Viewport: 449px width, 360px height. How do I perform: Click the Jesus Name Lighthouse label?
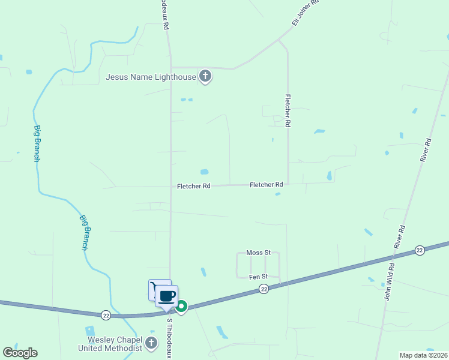pyautogui.click(x=151, y=77)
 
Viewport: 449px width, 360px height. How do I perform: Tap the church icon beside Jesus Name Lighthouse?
pyautogui.click(x=205, y=76)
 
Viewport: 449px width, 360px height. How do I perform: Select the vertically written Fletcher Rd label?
pyautogui.click(x=288, y=110)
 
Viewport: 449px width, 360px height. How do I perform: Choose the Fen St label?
pyautogui.click(x=258, y=277)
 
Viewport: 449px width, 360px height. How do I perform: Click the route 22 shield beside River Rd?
pyautogui.click(x=420, y=250)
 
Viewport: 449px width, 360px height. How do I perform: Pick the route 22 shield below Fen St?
pyautogui.click(x=264, y=289)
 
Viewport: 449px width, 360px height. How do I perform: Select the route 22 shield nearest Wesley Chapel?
pyautogui.click(x=106, y=314)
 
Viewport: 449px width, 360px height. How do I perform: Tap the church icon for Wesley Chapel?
pyautogui.click(x=151, y=344)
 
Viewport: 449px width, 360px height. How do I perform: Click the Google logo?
pyautogui.click(x=20, y=353)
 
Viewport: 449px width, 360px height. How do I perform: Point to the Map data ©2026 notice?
pyautogui.click(x=423, y=355)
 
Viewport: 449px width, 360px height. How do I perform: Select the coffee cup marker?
pyautogui.click(x=167, y=296)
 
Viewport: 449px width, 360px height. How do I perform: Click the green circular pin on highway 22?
pyautogui.click(x=181, y=306)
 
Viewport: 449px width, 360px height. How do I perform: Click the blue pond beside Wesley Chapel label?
pyautogui.click(x=90, y=331)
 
